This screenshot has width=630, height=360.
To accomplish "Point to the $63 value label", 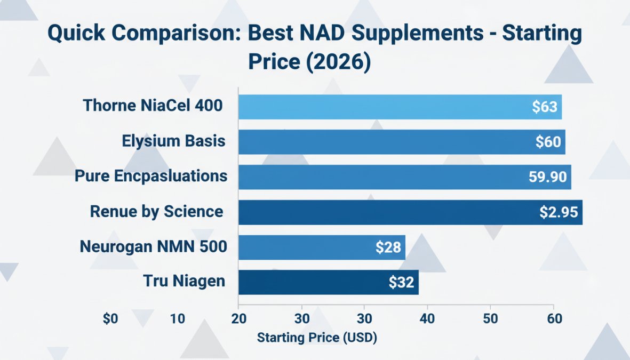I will pyautogui.click(x=545, y=107).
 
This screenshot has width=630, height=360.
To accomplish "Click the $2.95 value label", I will pyautogui.click(x=559, y=212).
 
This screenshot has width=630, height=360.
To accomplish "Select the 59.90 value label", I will pyautogui.click(x=547, y=177).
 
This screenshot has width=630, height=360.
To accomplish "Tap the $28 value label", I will pyautogui.click(x=388, y=247).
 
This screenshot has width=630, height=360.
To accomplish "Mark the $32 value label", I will pyautogui.click(x=401, y=283).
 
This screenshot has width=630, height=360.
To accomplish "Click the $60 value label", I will pyautogui.click(x=548, y=142).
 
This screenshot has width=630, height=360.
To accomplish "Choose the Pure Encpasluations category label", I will pyautogui.click(x=151, y=176).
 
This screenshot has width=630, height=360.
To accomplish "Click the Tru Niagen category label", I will pyautogui.click(x=184, y=281).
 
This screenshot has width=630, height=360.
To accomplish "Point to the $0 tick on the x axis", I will pyautogui.click(x=110, y=319).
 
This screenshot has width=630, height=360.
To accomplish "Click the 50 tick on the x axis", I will pyautogui.click(x=490, y=319).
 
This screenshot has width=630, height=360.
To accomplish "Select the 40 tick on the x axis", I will pyautogui.click(x=427, y=319).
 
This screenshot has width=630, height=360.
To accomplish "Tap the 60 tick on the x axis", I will pyautogui.click(x=554, y=319).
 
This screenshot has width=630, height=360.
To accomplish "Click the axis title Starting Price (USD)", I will pyautogui.click(x=317, y=338).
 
